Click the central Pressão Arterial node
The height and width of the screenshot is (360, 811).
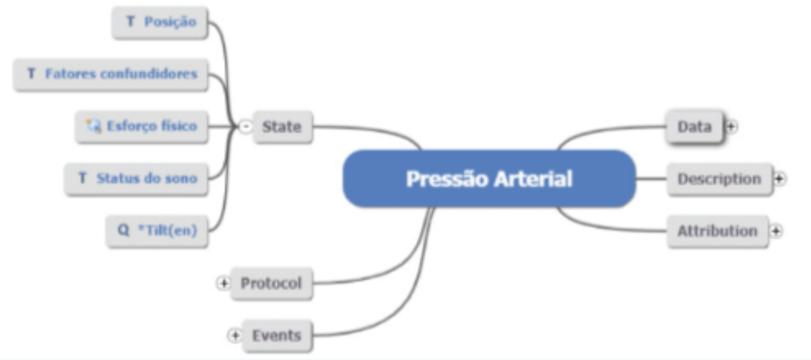[x=489, y=179]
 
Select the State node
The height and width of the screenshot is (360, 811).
[x=281, y=127]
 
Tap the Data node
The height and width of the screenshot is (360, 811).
[x=694, y=126]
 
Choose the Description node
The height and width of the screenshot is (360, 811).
[x=719, y=179]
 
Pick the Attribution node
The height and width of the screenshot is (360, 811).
[x=716, y=231]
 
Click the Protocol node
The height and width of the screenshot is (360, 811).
[x=271, y=284]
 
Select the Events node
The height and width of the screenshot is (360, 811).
[x=276, y=335]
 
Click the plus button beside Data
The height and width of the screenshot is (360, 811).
[x=730, y=126]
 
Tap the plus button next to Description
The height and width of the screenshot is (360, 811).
[x=780, y=179]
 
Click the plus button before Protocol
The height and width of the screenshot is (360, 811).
[x=223, y=284]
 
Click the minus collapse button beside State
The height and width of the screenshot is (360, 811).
[x=245, y=127]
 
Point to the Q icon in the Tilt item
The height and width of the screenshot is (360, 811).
[x=123, y=231]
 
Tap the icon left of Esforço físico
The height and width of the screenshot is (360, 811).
[x=95, y=126]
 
